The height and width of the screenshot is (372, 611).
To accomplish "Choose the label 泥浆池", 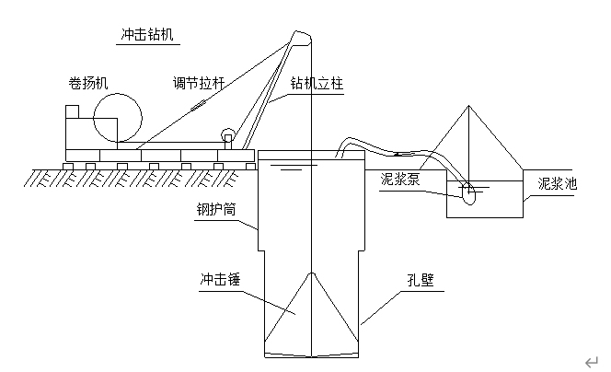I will coord(558,183).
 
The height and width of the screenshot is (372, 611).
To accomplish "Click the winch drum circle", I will coord(117,117).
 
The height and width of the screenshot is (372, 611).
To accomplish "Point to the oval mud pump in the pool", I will coord(468,192).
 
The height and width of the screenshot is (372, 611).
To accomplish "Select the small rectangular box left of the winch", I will coord(78,125).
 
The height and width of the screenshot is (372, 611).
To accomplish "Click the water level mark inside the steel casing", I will coord(290,169).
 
